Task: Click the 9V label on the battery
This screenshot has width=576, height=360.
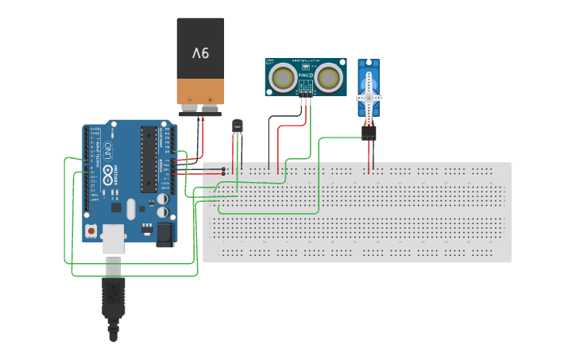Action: click(199, 53)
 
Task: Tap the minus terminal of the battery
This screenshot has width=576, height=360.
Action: click(190, 100)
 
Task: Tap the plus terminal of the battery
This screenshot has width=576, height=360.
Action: click(210, 100)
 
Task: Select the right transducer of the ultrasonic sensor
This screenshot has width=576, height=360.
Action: click(328, 77)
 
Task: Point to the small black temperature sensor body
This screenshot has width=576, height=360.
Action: click(237, 126)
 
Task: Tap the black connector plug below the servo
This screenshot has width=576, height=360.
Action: click(369, 134)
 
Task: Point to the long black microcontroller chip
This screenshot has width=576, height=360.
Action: click(149, 159)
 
